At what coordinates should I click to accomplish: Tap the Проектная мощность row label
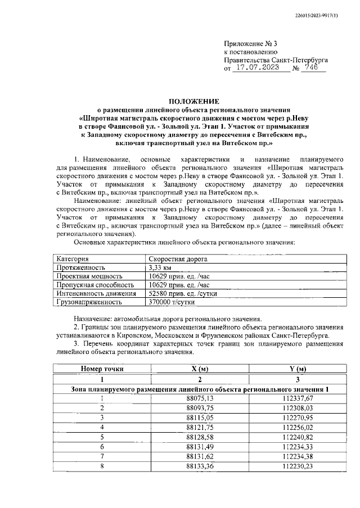[89, 276]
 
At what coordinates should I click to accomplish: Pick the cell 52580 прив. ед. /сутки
[179, 293]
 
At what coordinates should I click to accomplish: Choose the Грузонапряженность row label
[89, 302]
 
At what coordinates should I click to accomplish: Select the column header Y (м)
[297, 369]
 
